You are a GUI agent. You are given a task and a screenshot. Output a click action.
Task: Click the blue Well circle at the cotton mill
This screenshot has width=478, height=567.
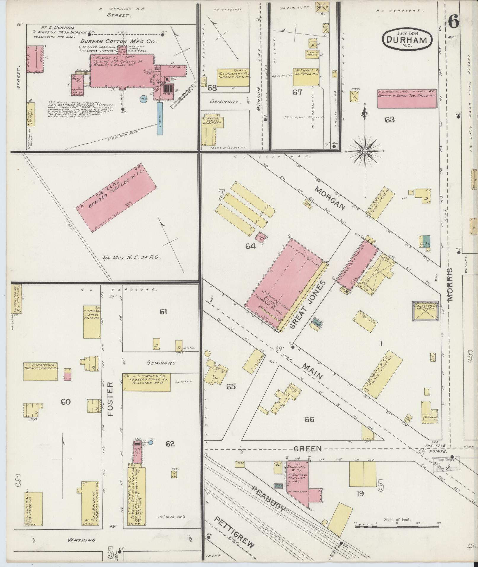point(144,99)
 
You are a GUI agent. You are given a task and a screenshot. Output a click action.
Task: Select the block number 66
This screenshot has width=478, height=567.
point(309,419)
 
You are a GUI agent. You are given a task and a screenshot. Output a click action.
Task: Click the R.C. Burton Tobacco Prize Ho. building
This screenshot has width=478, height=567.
point(92,322)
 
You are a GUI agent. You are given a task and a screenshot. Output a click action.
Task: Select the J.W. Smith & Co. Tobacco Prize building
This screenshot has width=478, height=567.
point(382,374)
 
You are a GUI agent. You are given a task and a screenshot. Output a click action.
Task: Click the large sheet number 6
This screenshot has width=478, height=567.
point(453,21)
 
